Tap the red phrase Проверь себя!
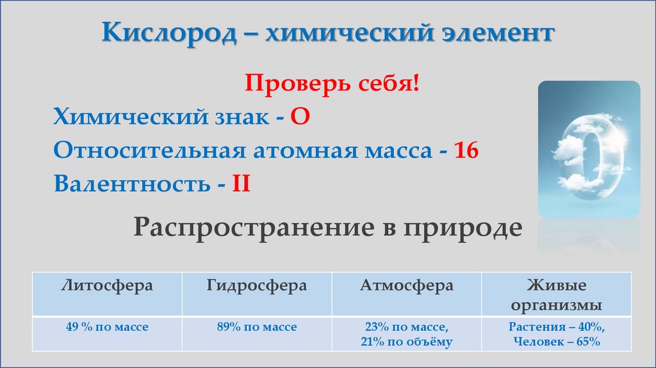(332, 85)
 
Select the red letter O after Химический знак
(300, 118)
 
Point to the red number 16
(467, 151)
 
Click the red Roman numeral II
(240, 185)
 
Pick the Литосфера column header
(107, 286)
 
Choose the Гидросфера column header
(256, 286)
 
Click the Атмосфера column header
(406, 286)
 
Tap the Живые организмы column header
(556, 294)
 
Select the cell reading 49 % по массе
(107, 327)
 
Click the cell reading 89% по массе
(256, 327)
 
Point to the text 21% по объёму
(406, 342)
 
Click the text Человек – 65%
(556, 342)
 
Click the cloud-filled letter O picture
(588, 149)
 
